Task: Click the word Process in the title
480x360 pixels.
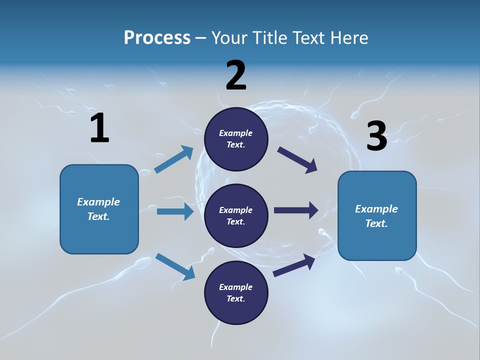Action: pyautogui.click(x=157, y=37)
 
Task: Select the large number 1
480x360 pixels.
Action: pyautogui.click(x=99, y=128)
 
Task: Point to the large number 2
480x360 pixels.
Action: pyautogui.click(x=236, y=75)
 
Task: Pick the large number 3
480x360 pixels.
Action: pyautogui.click(x=376, y=136)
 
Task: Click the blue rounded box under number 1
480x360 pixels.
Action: pyautogui.click(x=99, y=209)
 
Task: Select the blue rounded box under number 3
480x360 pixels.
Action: pyautogui.click(x=377, y=215)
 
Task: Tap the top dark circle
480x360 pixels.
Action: pyautogui.click(x=236, y=139)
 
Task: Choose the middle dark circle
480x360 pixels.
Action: pyautogui.click(x=236, y=215)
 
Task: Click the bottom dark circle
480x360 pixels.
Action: pyautogui.click(x=236, y=292)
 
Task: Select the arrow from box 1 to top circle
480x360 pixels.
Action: pyautogui.click(x=174, y=159)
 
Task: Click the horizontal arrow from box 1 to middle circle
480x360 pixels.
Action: pyautogui.click(x=175, y=211)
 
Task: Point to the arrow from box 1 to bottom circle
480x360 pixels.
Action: pyautogui.click(x=175, y=266)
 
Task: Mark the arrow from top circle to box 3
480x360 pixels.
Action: pyautogui.click(x=297, y=160)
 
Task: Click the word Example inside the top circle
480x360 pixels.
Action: pyautogui.click(x=236, y=133)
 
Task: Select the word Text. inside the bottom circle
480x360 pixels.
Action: pyautogui.click(x=236, y=298)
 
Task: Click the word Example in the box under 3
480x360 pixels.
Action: pyautogui.click(x=376, y=209)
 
